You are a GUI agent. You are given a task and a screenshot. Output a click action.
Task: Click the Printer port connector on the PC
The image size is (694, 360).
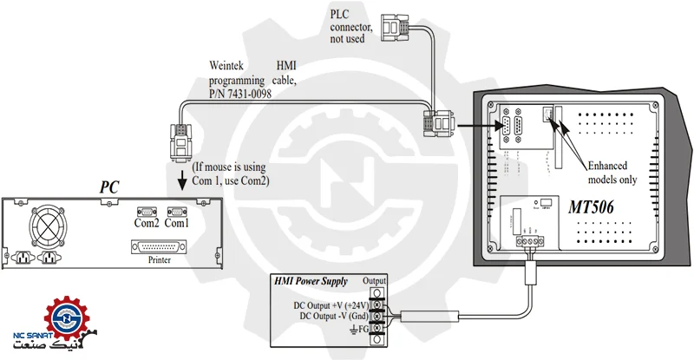point(160,247)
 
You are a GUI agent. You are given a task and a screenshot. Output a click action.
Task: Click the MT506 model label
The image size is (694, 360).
point(597,209)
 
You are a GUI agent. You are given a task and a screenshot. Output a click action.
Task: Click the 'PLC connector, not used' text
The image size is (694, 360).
point(351,27)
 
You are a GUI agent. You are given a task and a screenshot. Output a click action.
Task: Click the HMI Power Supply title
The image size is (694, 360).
point(311,281)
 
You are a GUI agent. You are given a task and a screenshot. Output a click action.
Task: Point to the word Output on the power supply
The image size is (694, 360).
point(375,281)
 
